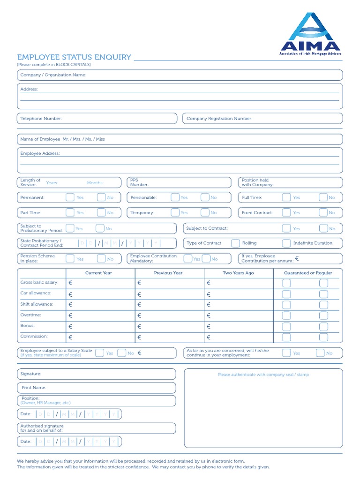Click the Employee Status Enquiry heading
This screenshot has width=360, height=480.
[x=74, y=57]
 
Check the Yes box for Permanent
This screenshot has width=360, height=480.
[x=70, y=197]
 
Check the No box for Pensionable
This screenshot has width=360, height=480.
[x=205, y=197]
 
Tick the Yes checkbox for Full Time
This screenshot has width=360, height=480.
[x=286, y=197]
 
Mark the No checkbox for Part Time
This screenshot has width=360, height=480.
[x=101, y=213]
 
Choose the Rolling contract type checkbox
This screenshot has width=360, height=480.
[x=236, y=243]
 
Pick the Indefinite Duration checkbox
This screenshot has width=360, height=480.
[x=286, y=243]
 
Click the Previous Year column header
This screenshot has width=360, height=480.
[x=168, y=273]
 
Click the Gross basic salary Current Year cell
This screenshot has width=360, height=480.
[x=100, y=283]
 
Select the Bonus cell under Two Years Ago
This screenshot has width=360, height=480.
[x=239, y=327]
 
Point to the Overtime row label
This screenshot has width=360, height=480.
[x=30, y=315]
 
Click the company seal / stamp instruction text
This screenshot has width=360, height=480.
[x=263, y=375]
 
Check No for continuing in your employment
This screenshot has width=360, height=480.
[x=320, y=353]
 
